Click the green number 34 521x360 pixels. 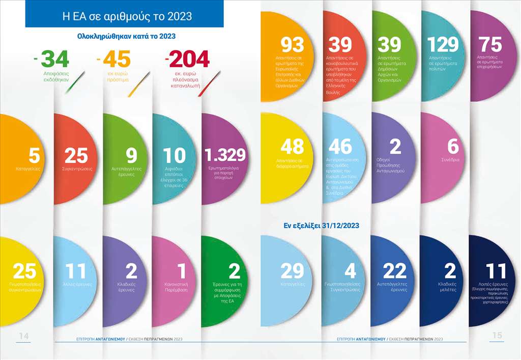pyautogui.click(x=54, y=60)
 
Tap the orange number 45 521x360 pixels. pyautogui.click(x=117, y=60)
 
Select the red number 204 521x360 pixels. pyautogui.click(x=189, y=60)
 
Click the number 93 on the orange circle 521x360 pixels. pyautogui.click(x=293, y=45)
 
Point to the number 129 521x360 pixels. pyautogui.click(x=444, y=45)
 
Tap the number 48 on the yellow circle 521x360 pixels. pyautogui.click(x=293, y=147)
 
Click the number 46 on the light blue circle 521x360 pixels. pyautogui.click(x=340, y=147)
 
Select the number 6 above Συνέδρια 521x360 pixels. pyautogui.click(x=453, y=147)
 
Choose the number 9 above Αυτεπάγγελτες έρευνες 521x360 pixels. pyautogui.click(x=132, y=155)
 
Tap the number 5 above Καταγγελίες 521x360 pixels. pyautogui.click(x=34, y=155)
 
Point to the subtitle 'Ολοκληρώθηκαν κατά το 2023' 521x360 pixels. pyautogui.click(x=126, y=37)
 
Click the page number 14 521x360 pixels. pyautogui.click(x=24, y=336)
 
